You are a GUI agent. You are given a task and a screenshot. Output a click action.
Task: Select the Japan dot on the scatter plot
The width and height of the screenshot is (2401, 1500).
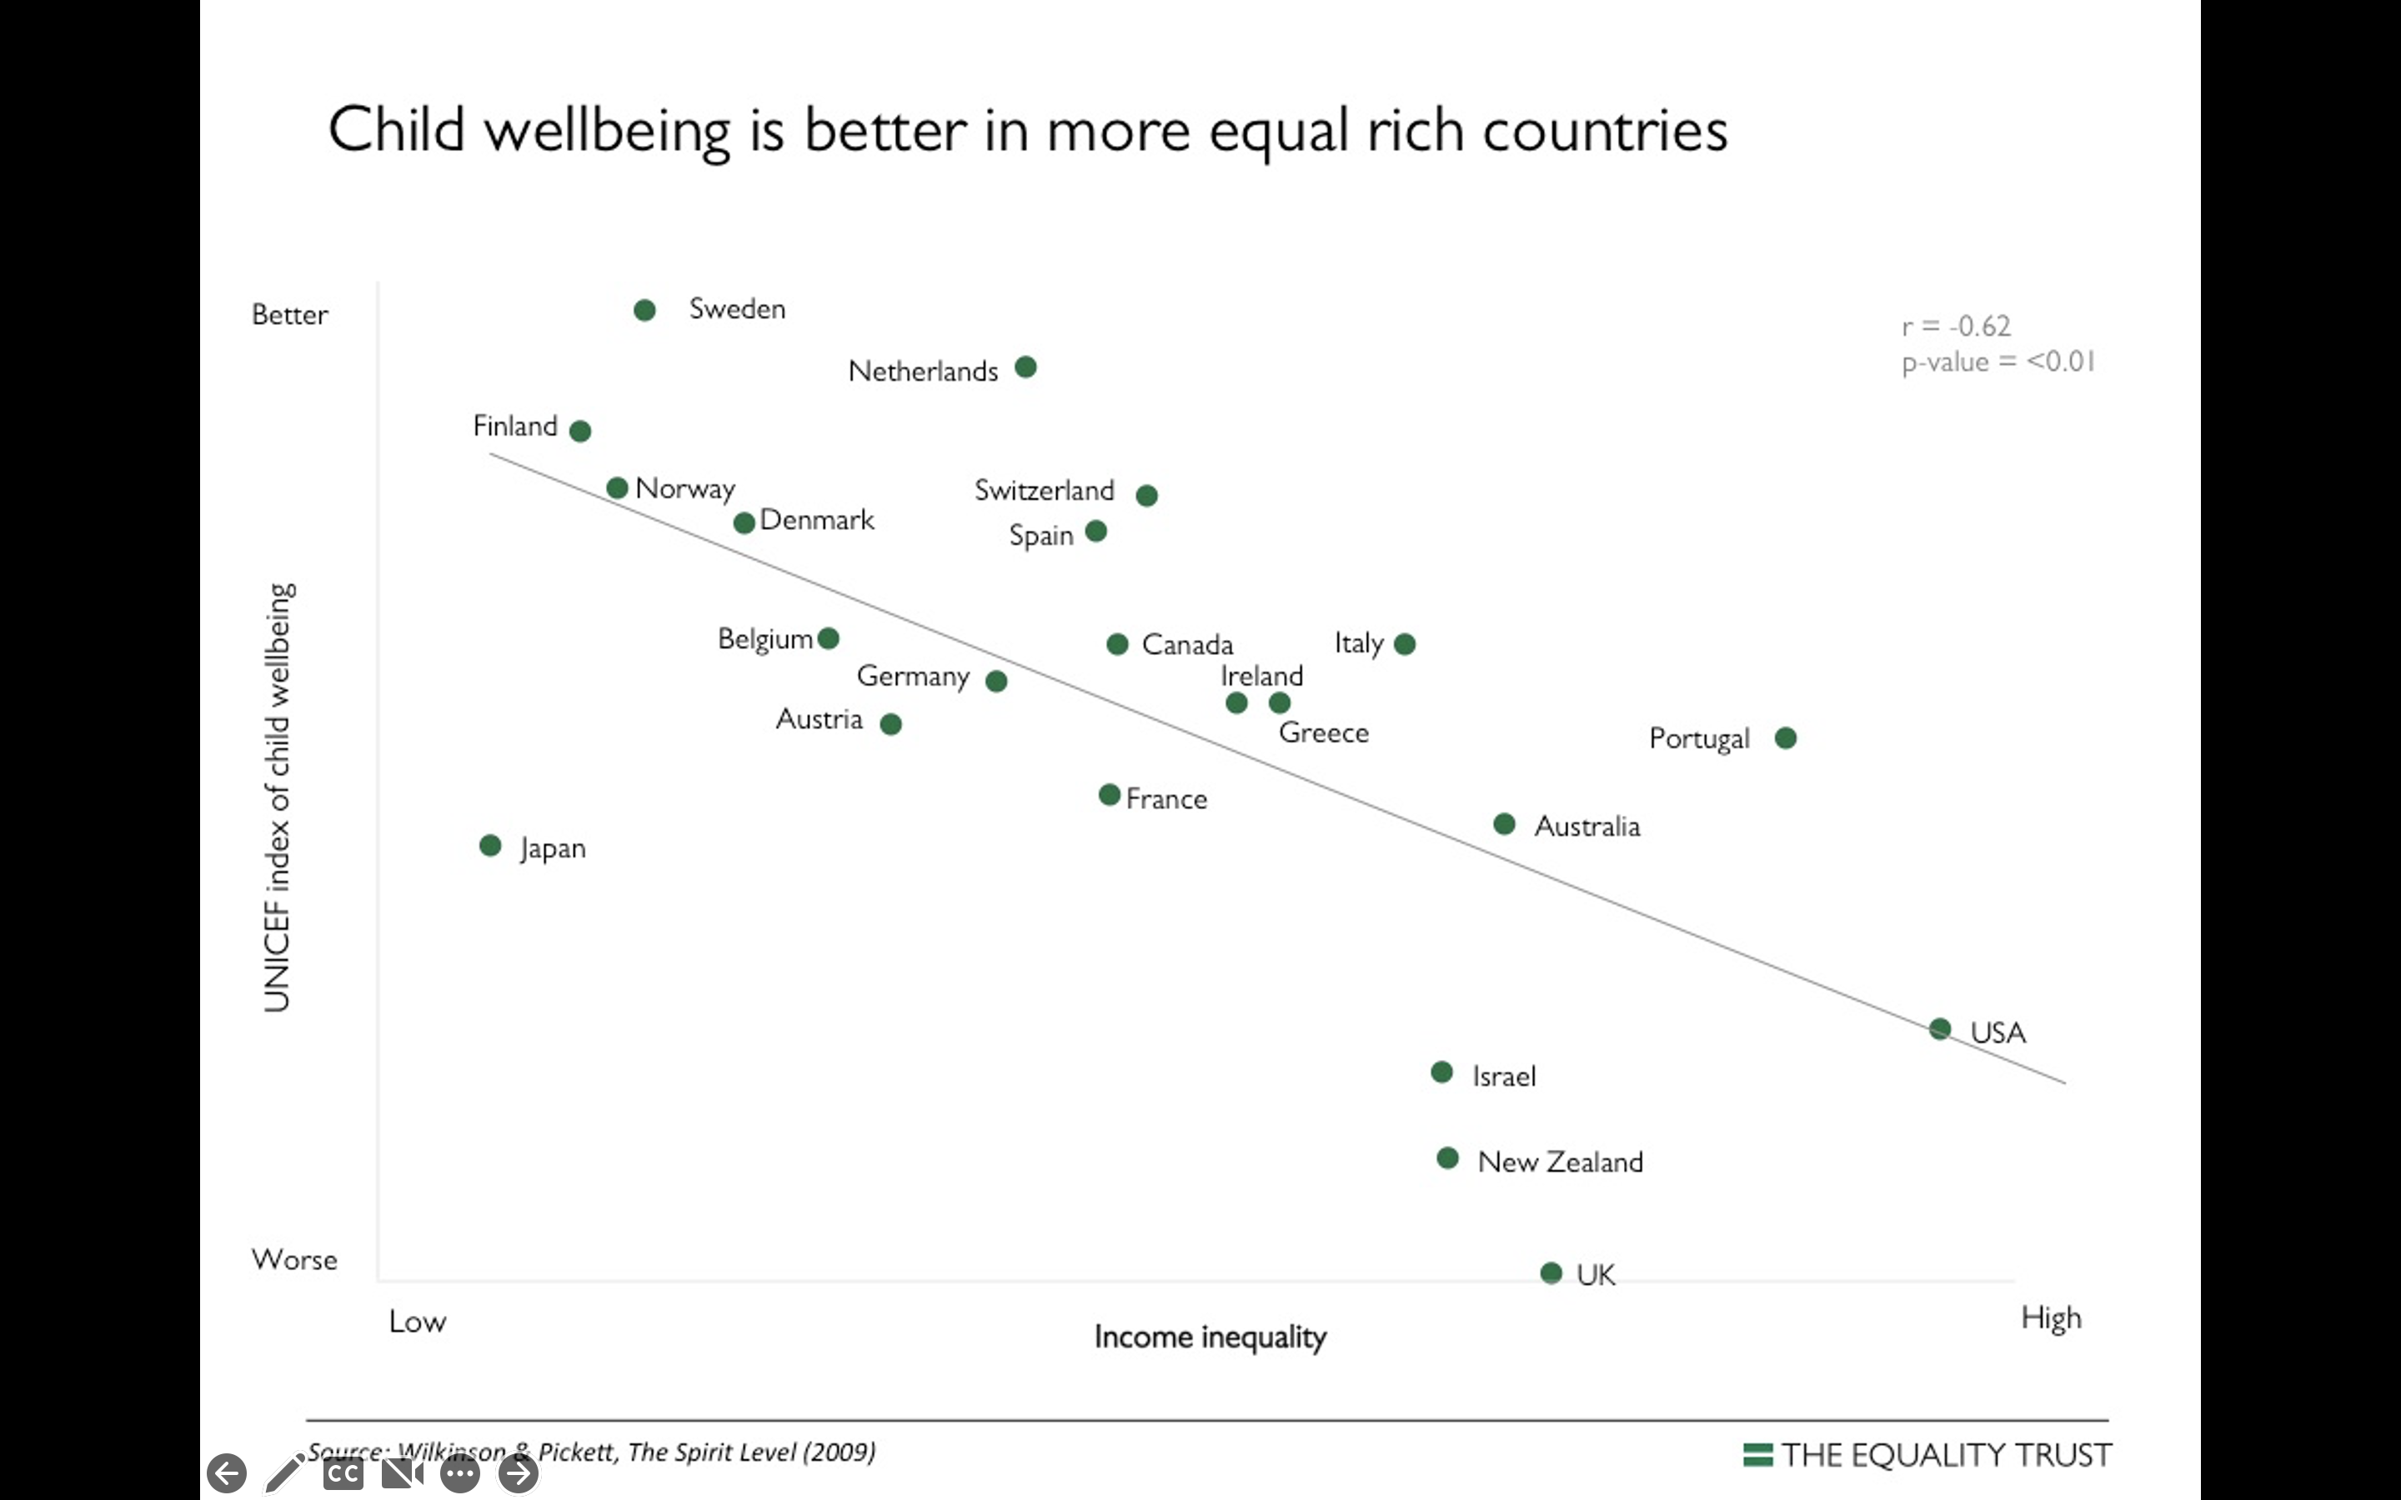point(490,845)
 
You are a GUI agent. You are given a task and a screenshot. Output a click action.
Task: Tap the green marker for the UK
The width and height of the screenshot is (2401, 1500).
point(1551,1272)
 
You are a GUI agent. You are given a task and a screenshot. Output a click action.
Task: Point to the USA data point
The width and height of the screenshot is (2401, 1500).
point(1941,1029)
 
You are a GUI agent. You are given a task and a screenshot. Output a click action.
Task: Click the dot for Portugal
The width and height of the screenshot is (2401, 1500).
point(1786,738)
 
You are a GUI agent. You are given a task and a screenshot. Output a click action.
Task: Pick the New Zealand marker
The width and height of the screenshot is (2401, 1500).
point(1447,1157)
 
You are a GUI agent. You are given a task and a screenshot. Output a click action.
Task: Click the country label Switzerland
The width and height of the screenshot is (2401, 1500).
point(1044,490)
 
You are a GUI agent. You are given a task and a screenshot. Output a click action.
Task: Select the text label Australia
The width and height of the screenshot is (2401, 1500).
point(1586,827)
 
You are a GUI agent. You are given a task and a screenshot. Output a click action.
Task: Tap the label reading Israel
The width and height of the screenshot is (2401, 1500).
point(1503,1077)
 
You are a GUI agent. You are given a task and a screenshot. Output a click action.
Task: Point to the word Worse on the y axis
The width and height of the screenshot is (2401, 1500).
point(294,1260)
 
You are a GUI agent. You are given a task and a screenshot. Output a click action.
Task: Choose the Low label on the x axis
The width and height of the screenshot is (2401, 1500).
point(418,1322)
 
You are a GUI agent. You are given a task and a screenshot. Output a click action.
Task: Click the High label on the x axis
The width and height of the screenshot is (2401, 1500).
point(2051,1318)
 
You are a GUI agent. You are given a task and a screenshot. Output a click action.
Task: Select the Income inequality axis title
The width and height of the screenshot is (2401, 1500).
point(1210,1337)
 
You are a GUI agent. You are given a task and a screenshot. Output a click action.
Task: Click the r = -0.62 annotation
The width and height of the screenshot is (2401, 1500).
point(1956,327)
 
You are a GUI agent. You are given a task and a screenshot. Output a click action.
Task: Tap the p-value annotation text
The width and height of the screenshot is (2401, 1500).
point(1997,362)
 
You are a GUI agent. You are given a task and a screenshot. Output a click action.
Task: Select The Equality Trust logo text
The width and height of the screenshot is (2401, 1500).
point(1945,1455)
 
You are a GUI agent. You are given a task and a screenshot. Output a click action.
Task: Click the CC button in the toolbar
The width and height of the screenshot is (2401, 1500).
point(343,1474)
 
